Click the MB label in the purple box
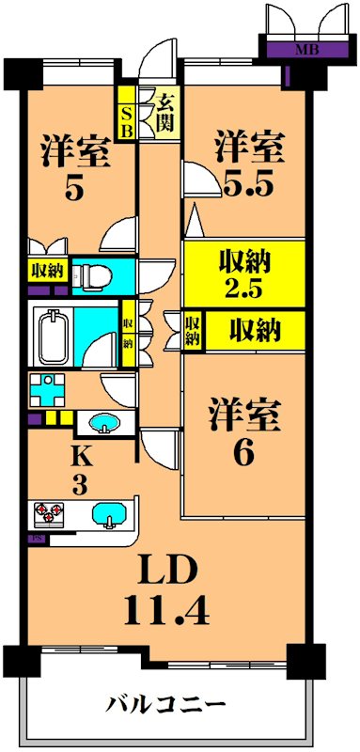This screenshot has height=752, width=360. click(305, 50)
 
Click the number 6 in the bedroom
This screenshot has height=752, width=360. click(243, 453)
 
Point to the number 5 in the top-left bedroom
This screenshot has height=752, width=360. click(74, 189)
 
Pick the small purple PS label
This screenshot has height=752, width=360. click(38, 540)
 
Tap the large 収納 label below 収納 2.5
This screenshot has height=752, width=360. click(256, 330)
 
